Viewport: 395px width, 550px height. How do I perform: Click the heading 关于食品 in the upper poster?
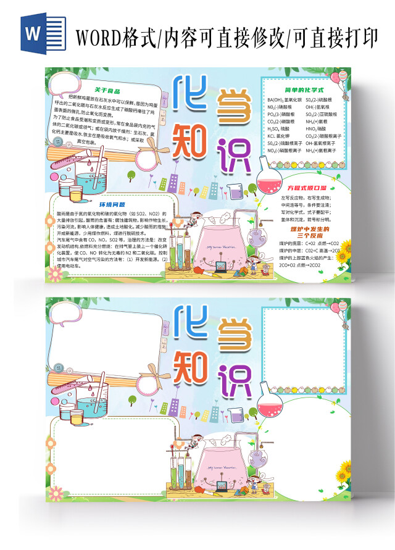click(99, 90)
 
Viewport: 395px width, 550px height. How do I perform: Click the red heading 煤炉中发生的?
click(306, 229)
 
